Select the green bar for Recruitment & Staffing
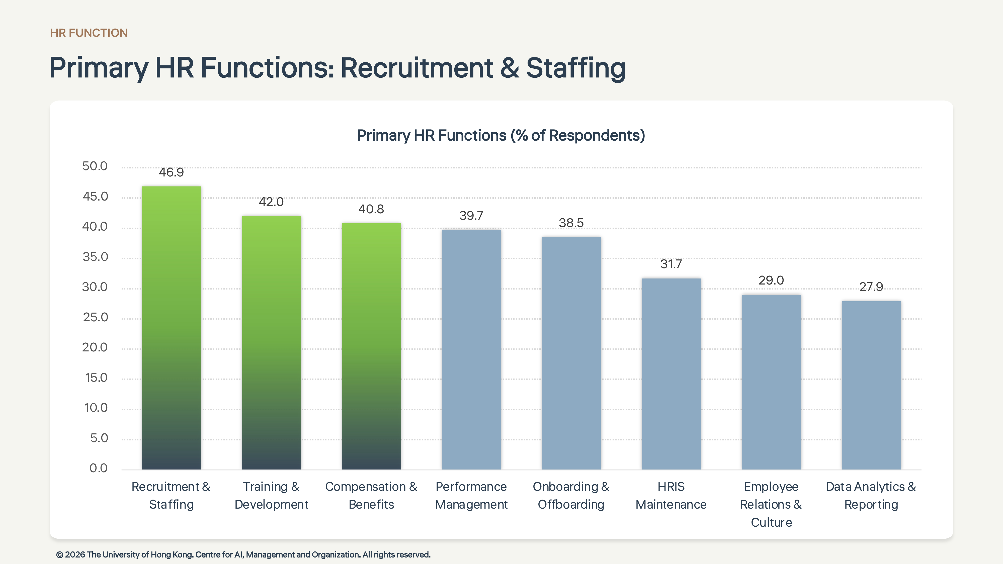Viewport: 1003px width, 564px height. tap(171, 328)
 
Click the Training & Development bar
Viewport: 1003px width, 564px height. tap(271, 342)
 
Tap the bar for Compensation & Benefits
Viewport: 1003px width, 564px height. tap(371, 346)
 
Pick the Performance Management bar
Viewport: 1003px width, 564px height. tap(471, 349)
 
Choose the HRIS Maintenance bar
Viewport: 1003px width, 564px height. tap(671, 374)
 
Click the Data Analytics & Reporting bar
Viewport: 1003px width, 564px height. tap(871, 385)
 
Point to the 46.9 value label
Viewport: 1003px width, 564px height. tap(171, 172)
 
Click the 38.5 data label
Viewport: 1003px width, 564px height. tap(571, 223)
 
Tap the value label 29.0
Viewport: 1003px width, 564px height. tap(771, 280)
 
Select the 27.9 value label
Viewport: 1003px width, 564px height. tap(871, 287)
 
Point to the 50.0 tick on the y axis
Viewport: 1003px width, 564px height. tap(95, 166)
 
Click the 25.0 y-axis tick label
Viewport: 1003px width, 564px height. tap(95, 317)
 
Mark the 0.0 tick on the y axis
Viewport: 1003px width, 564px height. tap(99, 468)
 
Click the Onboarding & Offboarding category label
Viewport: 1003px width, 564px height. tap(571, 496)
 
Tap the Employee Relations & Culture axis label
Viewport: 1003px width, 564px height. tap(771, 504)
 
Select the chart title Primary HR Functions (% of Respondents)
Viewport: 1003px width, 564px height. tap(501, 135)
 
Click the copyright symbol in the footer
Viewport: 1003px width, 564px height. tap(60, 555)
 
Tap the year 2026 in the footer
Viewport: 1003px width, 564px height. tap(75, 555)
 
